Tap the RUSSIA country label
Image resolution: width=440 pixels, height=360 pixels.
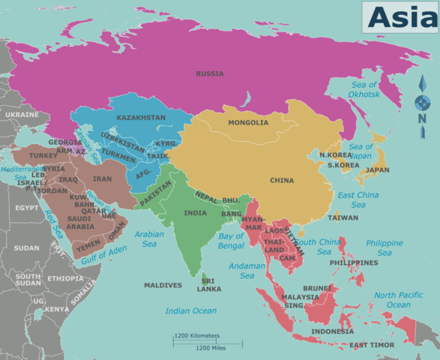(209, 73)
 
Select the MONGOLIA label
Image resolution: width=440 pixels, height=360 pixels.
(248, 123)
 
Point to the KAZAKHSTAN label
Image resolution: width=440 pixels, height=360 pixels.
(141, 118)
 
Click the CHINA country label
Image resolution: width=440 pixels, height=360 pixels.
(282, 181)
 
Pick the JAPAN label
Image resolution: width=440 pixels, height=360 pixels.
(377, 170)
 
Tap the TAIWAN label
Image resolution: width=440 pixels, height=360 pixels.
(343, 217)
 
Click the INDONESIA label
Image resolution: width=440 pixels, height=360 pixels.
(332, 331)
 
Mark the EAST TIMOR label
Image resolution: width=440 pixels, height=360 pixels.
(373, 345)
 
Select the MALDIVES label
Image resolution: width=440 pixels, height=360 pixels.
(163, 286)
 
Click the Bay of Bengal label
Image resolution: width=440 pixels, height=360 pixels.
(232, 241)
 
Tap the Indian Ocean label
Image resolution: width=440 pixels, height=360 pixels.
(190, 310)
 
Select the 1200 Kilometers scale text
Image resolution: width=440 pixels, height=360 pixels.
(197, 335)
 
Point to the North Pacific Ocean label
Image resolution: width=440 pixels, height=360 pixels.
(398, 300)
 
